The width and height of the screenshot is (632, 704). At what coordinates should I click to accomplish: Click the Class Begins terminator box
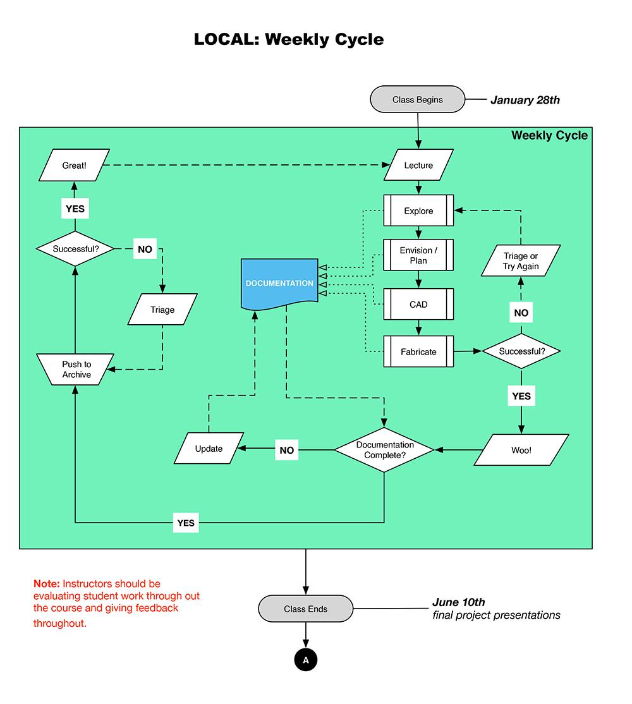pos(417,100)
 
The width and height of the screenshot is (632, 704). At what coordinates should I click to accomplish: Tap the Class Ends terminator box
pos(306,609)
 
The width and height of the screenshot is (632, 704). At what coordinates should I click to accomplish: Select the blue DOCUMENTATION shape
pos(279,283)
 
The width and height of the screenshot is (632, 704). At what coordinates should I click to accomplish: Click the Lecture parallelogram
pos(418,166)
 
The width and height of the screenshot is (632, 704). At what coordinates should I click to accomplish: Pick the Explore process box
pos(418,210)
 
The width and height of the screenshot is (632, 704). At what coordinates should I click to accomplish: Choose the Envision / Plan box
pos(418,255)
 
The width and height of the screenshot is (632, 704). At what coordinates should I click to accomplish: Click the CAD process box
pos(418,305)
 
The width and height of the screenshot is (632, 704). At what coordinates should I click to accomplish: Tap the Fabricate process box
pos(418,351)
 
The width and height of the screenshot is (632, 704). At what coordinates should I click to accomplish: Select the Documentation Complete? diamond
pos(384,450)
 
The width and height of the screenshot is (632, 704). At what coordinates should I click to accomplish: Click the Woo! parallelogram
pos(521,450)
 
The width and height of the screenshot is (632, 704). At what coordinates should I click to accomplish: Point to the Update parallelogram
pos(209,449)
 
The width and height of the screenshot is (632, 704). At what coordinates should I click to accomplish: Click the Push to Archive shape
pos(76,370)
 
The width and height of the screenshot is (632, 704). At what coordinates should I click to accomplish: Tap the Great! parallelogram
pos(74,166)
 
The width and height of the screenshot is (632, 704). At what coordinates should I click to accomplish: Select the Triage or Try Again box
pos(521,261)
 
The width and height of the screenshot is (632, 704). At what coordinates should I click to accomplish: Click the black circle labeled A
pos(306,660)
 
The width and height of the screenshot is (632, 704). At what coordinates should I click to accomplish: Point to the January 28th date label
pos(525,100)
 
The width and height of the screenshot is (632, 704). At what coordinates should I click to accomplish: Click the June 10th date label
pos(458,602)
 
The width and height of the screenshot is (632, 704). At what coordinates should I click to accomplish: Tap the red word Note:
pos(46,584)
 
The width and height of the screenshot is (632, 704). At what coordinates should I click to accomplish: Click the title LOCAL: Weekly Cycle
pos(288,39)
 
